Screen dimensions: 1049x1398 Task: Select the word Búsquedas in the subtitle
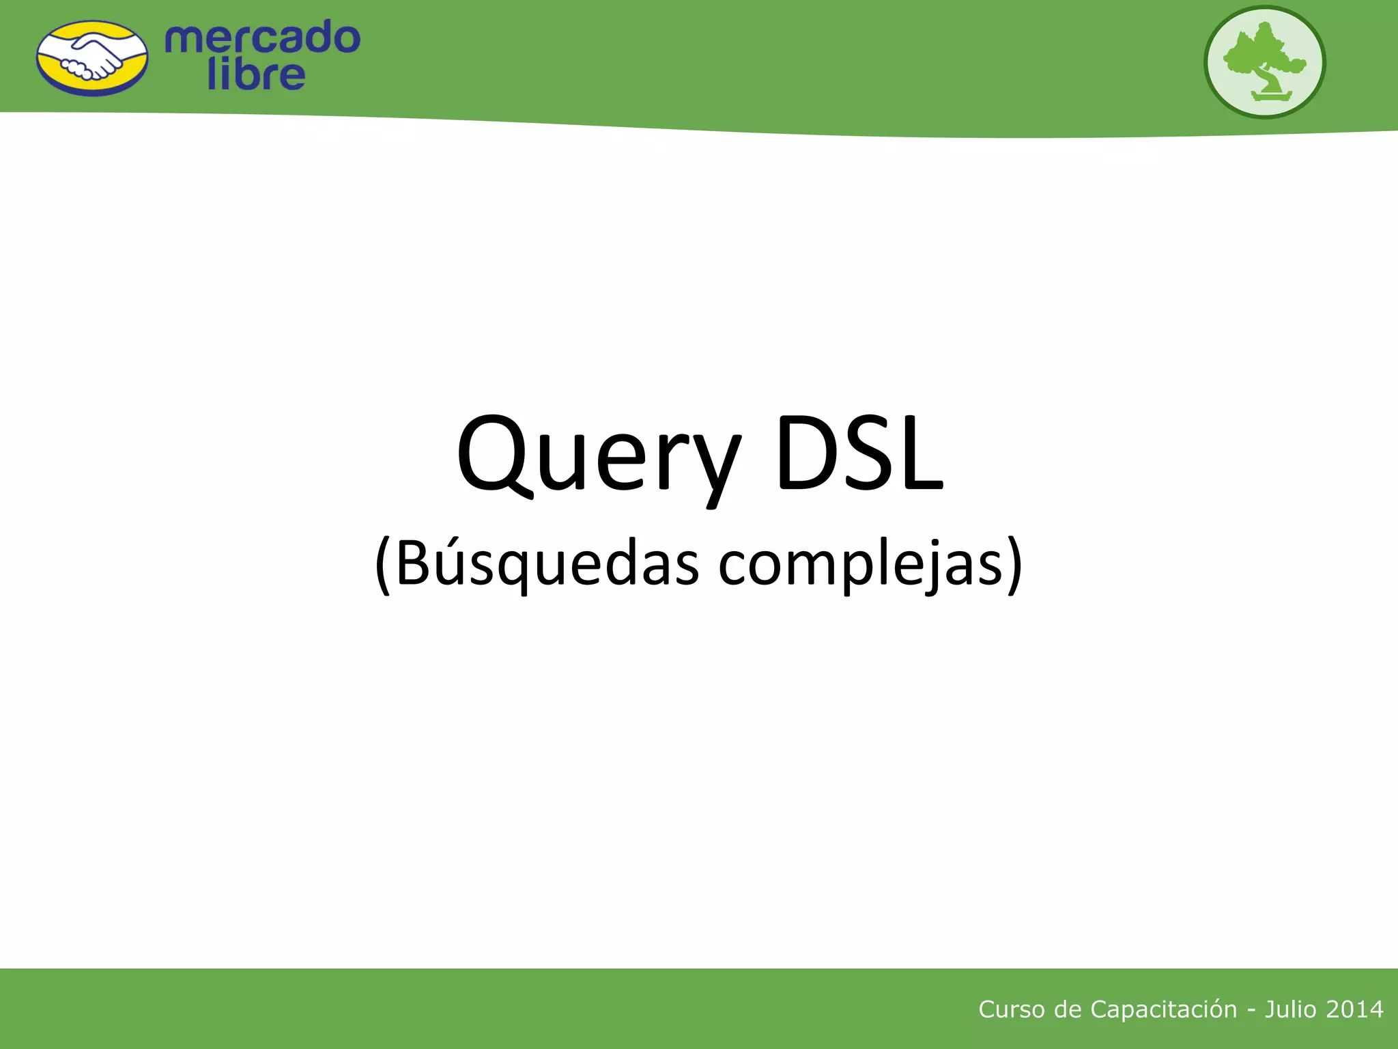click(547, 564)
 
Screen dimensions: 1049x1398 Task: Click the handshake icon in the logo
click(92, 58)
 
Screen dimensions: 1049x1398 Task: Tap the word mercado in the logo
click(262, 38)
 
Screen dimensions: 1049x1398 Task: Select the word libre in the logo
click(256, 75)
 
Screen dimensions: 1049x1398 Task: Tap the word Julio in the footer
click(1290, 1009)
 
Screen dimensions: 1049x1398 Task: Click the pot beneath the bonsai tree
click(1272, 96)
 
